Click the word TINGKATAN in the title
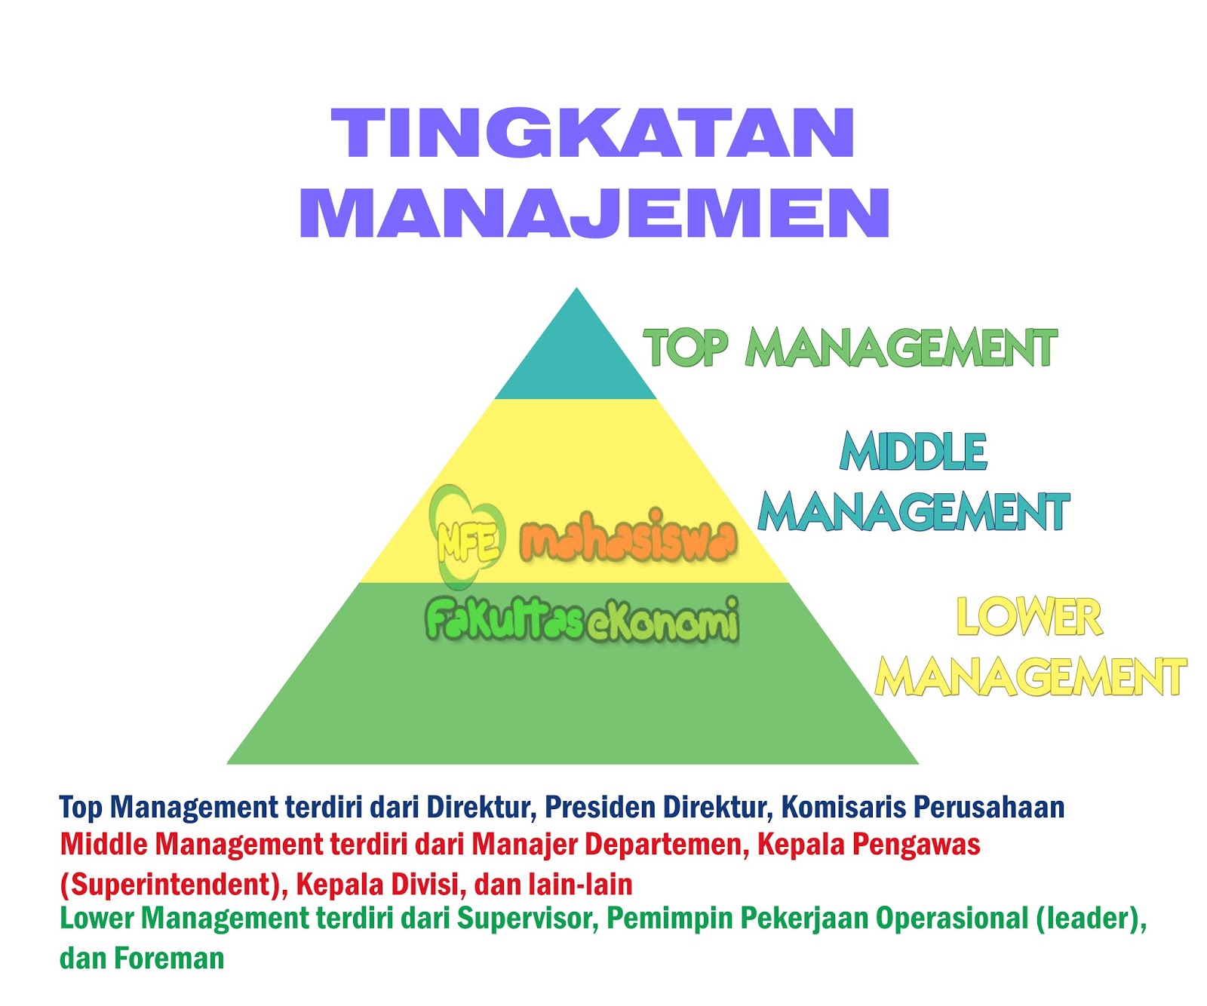click(x=593, y=133)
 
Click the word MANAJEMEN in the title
click(x=595, y=213)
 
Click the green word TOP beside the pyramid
click(x=685, y=348)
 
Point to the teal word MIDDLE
click(x=913, y=452)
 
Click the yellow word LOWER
click(x=1029, y=617)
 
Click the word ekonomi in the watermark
click(x=662, y=621)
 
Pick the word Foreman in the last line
click(x=170, y=958)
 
